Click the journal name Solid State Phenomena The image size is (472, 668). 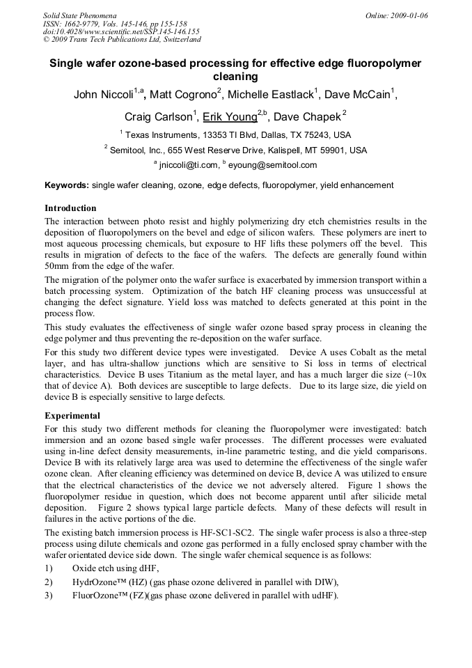click(79, 15)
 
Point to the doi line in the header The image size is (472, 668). click(121, 31)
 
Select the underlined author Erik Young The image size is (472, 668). click(230, 116)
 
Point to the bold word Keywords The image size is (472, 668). click(67, 185)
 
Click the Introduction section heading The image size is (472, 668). click(70, 208)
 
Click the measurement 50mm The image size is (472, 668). click(56, 266)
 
